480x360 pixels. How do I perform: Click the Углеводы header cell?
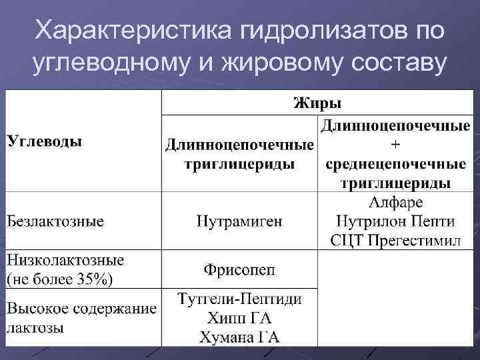(x=45, y=141)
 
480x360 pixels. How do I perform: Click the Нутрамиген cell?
(x=239, y=221)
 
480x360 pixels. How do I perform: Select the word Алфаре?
(x=395, y=202)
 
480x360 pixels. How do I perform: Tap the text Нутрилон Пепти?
(x=395, y=221)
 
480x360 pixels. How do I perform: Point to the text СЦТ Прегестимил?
(x=395, y=239)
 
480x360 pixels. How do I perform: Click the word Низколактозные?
(x=65, y=259)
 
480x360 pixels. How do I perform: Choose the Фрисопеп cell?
(x=239, y=269)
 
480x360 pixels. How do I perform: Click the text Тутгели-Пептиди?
(x=239, y=299)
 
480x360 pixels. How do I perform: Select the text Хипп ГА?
(x=239, y=318)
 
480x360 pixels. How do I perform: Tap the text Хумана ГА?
(x=239, y=337)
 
